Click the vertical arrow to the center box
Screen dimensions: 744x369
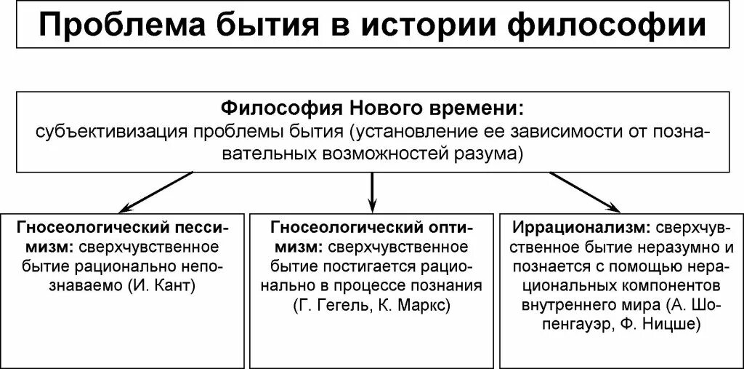(372, 191)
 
